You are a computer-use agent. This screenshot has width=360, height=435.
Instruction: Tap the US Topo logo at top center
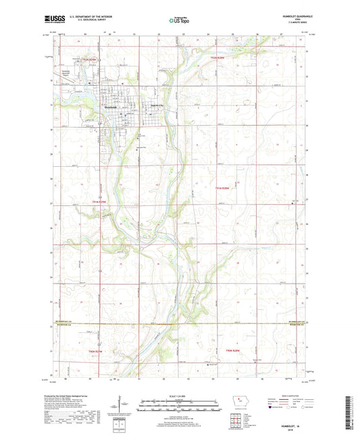(178, 20)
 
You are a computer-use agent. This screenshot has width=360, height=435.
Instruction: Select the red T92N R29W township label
(91, 61)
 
